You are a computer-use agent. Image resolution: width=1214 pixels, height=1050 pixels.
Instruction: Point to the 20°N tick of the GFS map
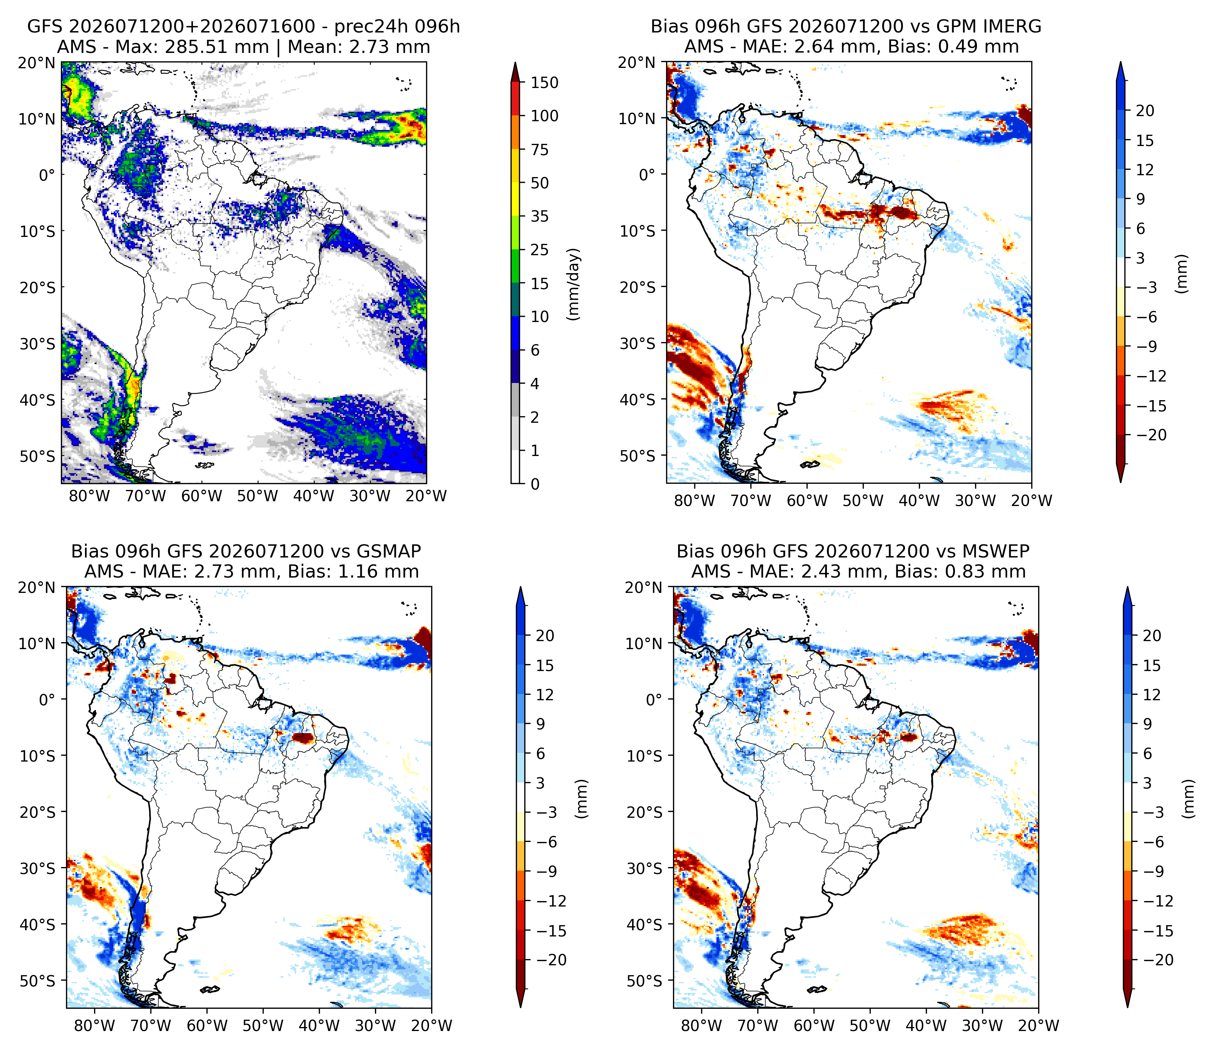36,62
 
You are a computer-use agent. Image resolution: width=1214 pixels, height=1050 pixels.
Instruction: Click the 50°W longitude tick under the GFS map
258,496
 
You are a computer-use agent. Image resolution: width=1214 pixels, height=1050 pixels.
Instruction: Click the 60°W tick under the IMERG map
807,501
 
